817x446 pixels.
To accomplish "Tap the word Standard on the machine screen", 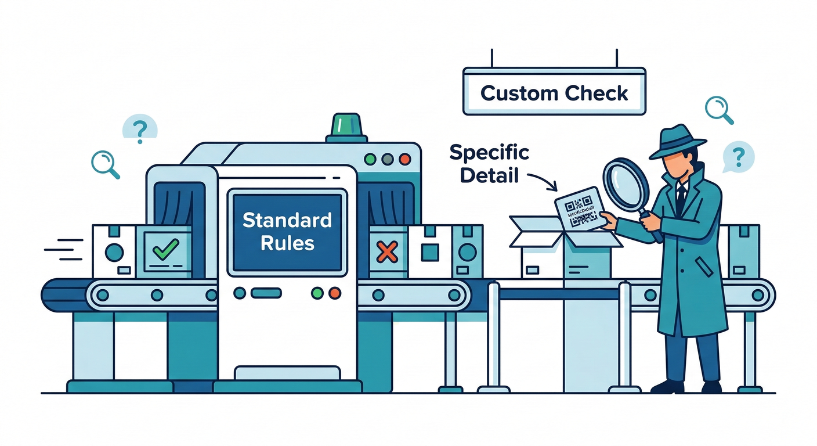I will coord(287,220).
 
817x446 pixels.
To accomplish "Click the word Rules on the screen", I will coord(287,242).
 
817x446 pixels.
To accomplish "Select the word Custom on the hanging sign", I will coord(517,93).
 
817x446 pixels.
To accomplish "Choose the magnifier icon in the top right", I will coord(718,109).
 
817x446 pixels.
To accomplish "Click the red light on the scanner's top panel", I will coord(405,159).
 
